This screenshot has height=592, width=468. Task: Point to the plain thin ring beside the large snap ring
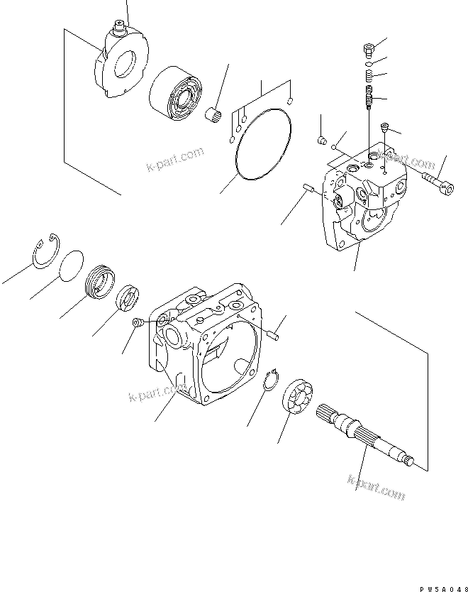pyautogui.click(x=72, y=265)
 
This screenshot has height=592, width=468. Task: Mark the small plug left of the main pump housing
pyautogui.click(x=138, y=323)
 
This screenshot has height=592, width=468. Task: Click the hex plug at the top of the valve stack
pyautogui.click(x=368, y=49)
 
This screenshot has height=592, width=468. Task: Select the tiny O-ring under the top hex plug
pyautogui.click(x=368, y=62)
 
